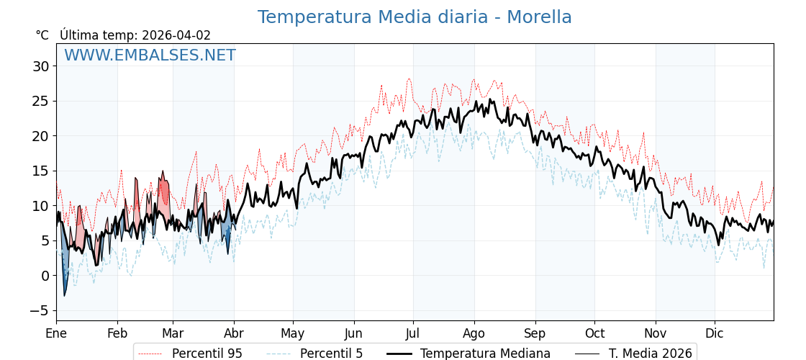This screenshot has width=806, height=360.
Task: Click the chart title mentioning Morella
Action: (x=415, y=17)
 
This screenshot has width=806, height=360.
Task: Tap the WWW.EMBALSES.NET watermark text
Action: (x=150, y=55)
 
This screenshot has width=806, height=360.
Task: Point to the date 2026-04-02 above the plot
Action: (x=176, y=35)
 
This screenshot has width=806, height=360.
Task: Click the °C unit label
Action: (x=42, y=35)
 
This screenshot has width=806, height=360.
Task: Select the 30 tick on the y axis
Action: (x=40, y=66)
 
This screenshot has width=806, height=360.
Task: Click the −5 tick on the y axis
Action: (x=40, y=310)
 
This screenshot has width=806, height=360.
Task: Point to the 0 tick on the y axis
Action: (x=45, y=276)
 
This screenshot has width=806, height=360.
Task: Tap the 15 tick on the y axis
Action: (x=40, y=171)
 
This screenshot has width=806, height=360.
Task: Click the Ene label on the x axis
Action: (x=56, y=333)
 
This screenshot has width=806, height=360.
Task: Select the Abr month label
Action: (x=233, y=333)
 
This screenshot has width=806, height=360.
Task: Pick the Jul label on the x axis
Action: (x=413, y=333)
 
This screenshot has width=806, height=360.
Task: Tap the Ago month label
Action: (x=474, y=333)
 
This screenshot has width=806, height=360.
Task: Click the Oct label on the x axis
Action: (x=594, y=333)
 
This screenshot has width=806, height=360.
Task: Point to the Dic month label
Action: (x=715, y=333)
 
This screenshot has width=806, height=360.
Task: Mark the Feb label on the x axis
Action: (x=117, y=333)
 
